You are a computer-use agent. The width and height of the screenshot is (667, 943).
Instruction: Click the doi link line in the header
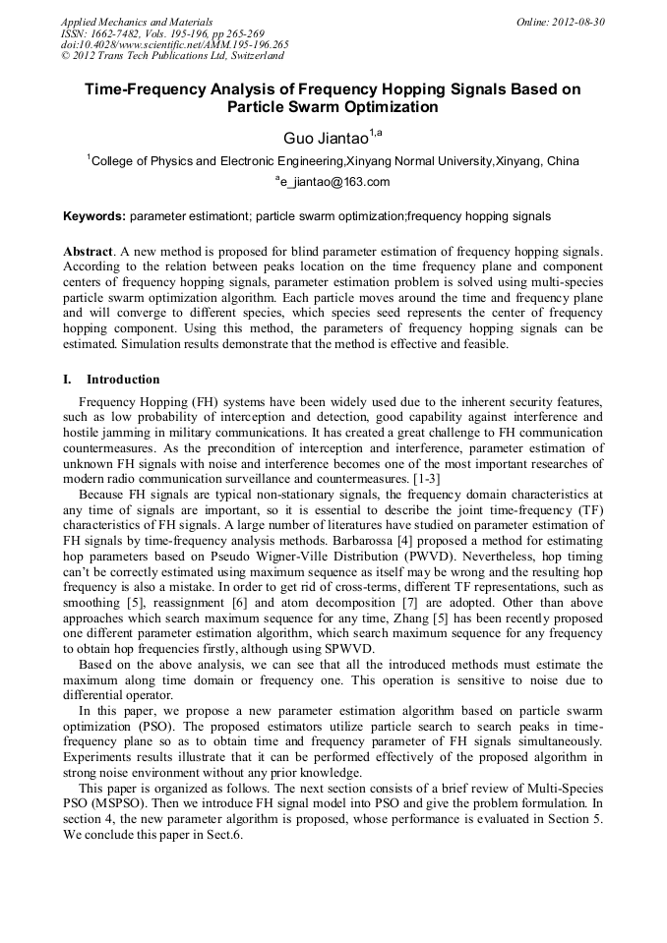click(174, 44)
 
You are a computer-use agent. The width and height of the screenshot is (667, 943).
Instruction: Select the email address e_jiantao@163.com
click(335, 182)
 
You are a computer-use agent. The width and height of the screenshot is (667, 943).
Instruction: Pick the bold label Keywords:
click(94, 215)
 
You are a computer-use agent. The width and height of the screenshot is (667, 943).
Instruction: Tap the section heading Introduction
click(123, 379)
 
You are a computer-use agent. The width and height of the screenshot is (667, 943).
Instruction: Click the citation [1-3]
click(424, 478)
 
